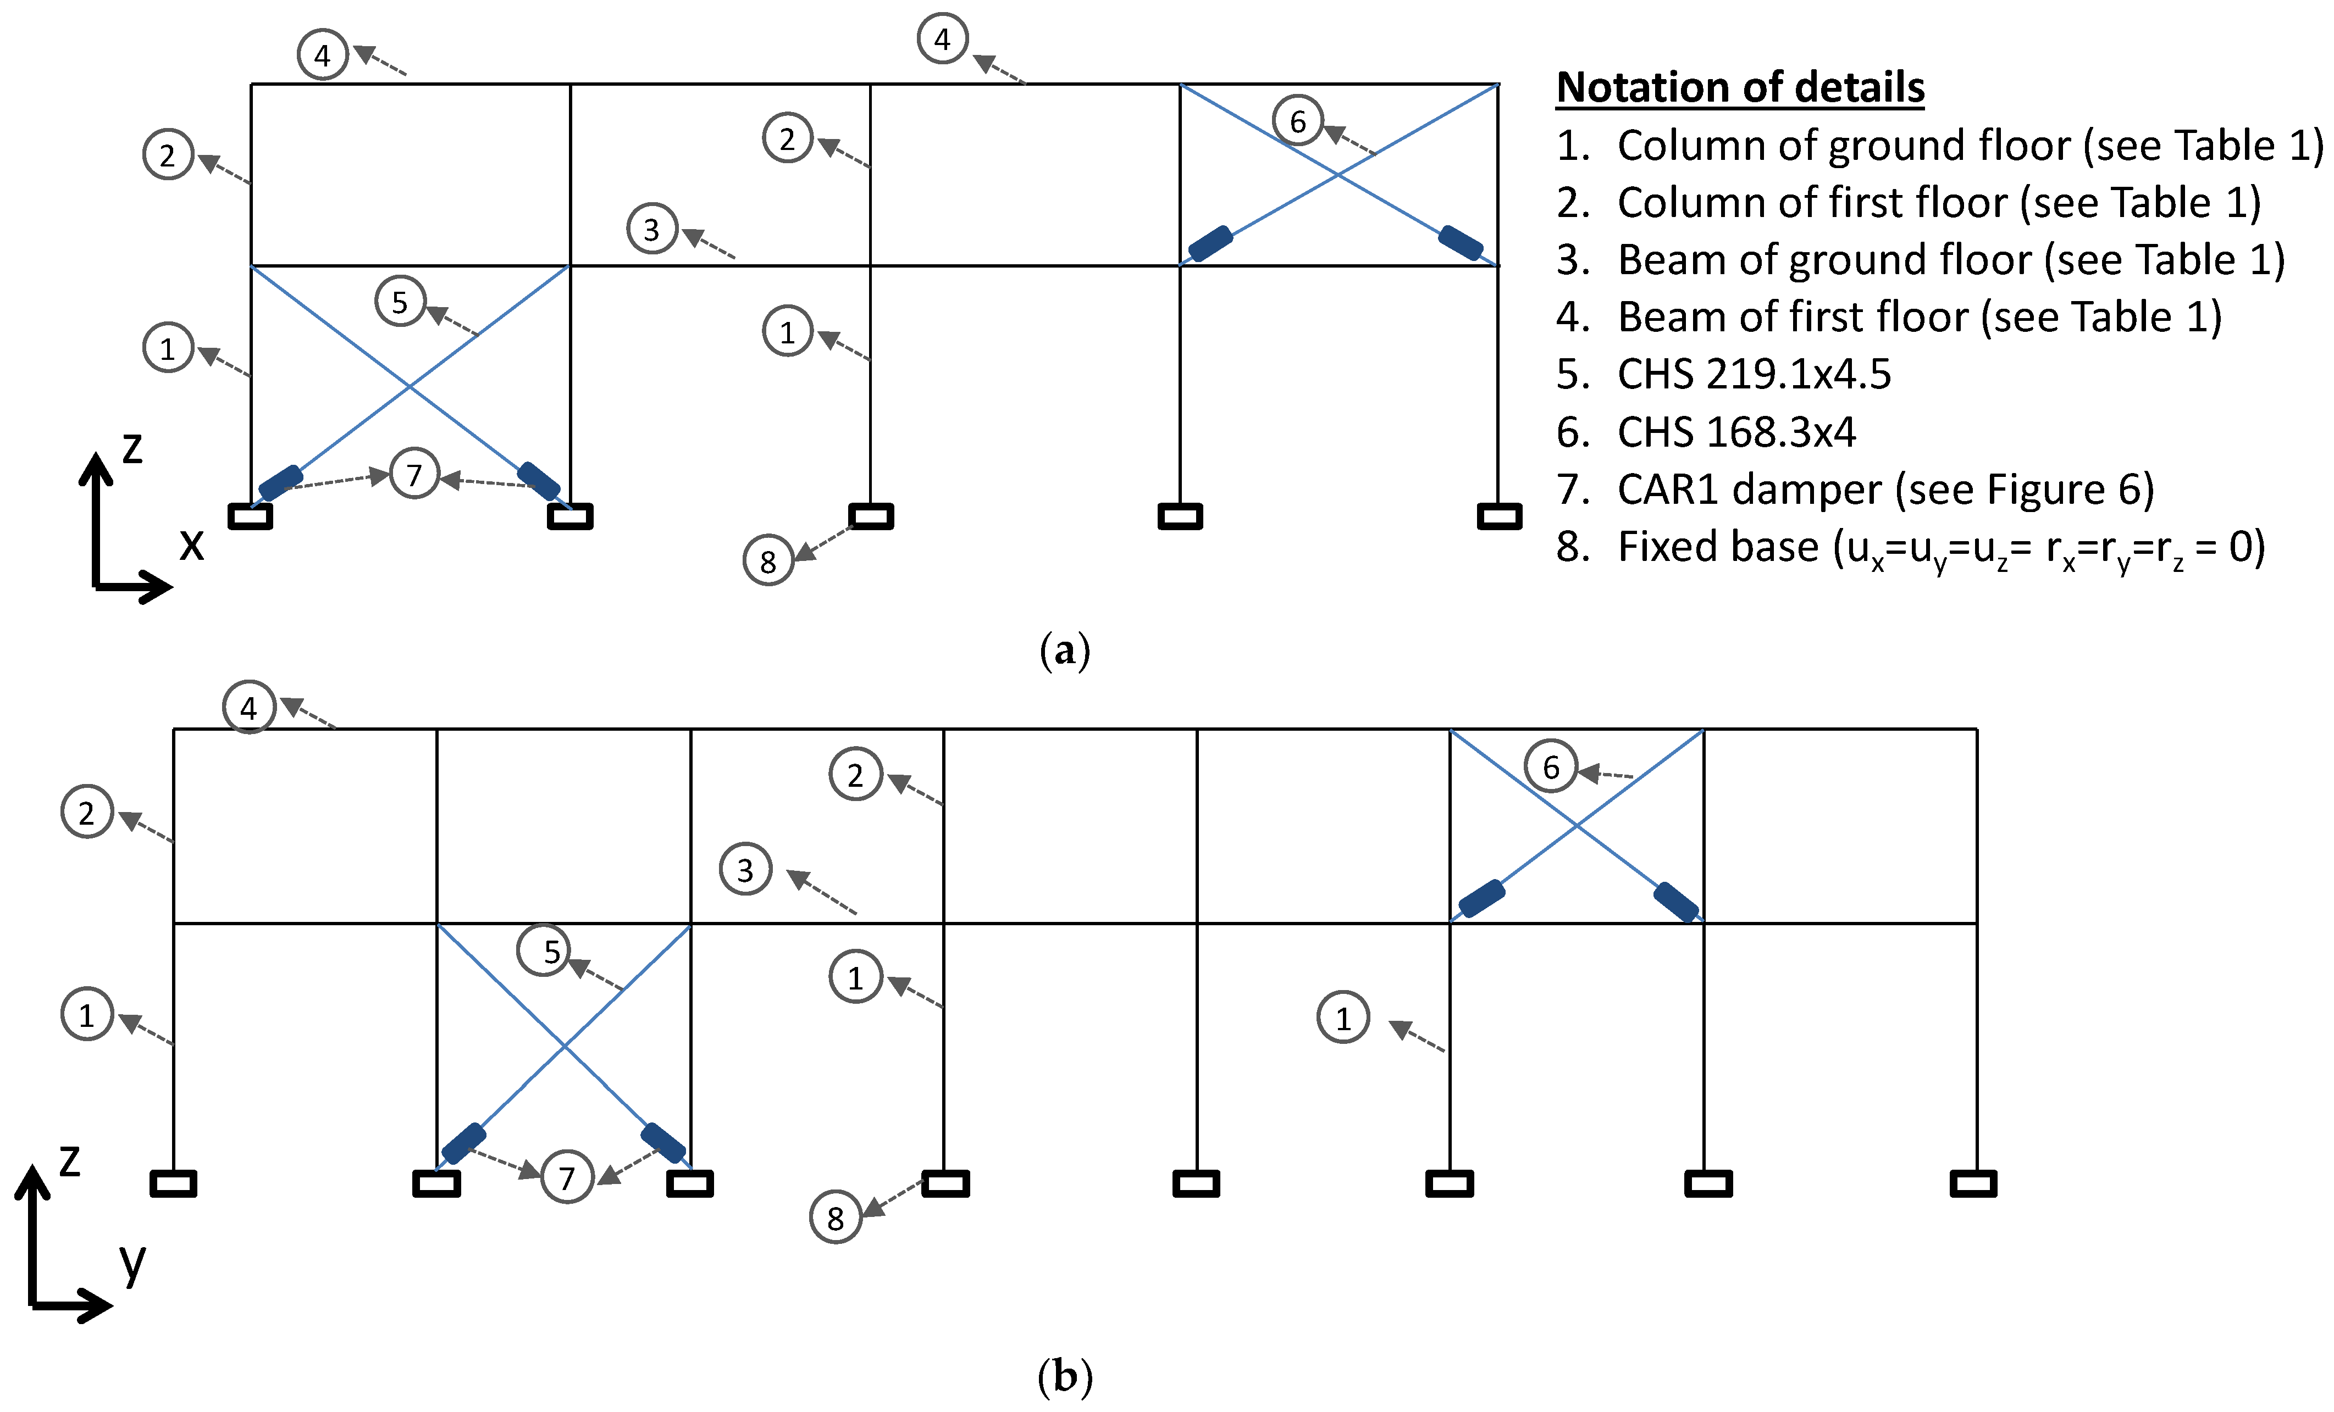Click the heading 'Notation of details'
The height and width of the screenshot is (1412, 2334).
click(1740, 87)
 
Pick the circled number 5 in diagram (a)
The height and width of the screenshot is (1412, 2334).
click(400, 302)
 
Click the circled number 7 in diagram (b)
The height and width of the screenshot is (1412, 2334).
click(566, 1177)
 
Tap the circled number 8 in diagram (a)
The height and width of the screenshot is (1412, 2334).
click(768, 562)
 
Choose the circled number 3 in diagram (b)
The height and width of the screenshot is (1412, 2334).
click(745, 869)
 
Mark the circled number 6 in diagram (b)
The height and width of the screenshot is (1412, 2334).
click(1551, 766)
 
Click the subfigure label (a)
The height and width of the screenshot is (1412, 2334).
click(1065, 652)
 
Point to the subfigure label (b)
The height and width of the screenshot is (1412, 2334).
click(1065, 1376)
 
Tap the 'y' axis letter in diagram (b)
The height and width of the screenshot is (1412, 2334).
click(132, 1263)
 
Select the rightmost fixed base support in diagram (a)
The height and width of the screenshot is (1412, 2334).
click(1500, 516)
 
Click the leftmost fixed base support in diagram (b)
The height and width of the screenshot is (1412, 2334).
click(173, 1184)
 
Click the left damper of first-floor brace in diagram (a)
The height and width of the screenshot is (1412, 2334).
click(1210, 243)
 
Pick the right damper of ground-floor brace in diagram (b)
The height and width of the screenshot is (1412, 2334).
click(663, 1142)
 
